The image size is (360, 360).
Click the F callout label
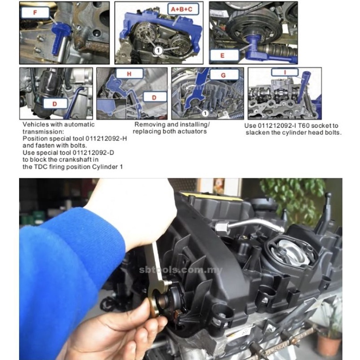[35, 13]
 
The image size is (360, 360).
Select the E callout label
[222, 55]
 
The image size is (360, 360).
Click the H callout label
[129, 74]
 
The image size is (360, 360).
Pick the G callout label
[223, 75]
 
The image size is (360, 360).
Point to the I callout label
[285, 72]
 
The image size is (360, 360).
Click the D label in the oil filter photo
[55, 104]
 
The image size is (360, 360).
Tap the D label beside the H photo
[154, 97]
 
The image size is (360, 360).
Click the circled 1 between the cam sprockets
[158, 50]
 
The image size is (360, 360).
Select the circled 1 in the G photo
[205, 113]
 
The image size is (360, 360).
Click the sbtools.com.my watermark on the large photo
[180, 270]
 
